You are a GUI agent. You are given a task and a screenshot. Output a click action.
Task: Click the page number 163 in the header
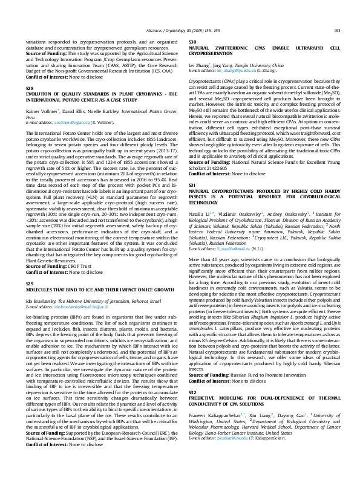pos(336,30)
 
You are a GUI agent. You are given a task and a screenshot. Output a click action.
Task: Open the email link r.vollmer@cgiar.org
pos(64,122)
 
